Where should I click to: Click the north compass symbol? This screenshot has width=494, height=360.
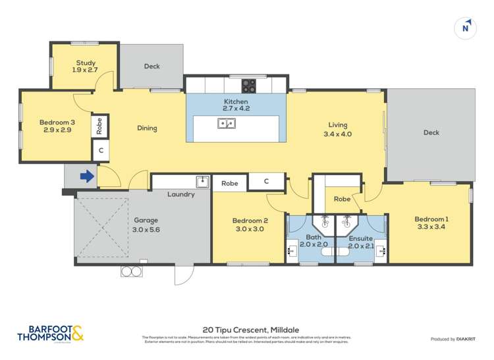coord(466,27)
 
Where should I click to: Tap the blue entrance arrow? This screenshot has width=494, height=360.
coord(86,176)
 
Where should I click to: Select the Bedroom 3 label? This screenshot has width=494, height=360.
coord(55,126)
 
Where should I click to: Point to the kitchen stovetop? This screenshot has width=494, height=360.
coord(250,84)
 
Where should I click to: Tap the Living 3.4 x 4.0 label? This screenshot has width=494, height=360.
coord(338,130)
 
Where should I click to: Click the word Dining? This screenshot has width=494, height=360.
coord(147,128)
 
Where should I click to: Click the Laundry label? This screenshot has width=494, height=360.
coord(180,195)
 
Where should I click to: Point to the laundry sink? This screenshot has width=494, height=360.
coord(202,182)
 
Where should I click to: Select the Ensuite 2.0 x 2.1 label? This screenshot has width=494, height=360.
coord(360,241)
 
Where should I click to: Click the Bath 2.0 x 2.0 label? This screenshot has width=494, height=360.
coord(313,241)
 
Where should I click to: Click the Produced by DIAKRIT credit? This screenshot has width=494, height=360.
coord(450,339)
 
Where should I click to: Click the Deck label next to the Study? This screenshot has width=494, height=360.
coord(151,66)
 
